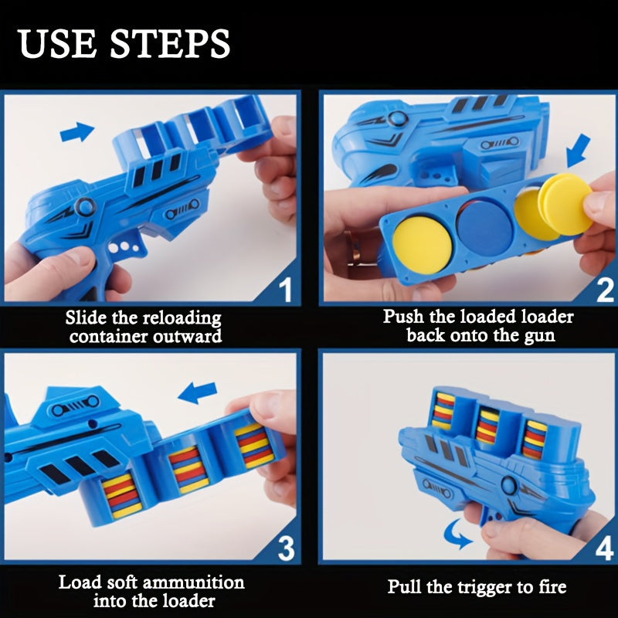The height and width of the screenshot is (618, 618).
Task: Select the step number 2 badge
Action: point(605,290)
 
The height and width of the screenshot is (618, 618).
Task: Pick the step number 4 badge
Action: point(605,548)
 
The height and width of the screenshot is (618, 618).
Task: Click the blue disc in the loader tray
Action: point(484,224)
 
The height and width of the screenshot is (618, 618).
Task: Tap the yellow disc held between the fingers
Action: point(566,205)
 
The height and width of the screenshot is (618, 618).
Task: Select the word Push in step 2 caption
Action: point(402,317)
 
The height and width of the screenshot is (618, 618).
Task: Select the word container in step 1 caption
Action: point(104,336)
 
